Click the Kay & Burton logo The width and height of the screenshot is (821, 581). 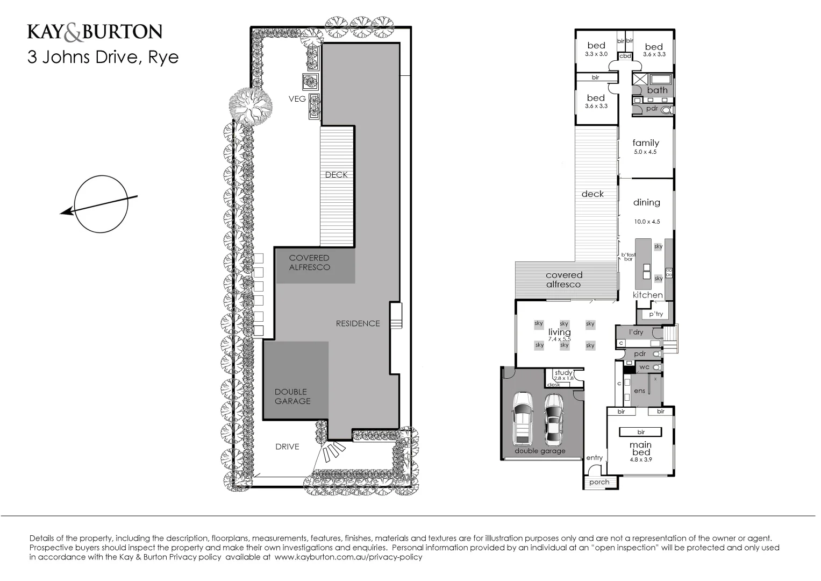[95, 32]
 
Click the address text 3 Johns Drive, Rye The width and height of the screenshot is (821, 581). [103, 57]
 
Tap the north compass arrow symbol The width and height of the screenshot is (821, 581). [100, 204]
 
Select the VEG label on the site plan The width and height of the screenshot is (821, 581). [297, 99]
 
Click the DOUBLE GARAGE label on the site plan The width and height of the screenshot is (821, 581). [292, 396]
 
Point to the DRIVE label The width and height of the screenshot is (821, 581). [287, 447]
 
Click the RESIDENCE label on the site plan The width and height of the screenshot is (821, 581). [358, 323]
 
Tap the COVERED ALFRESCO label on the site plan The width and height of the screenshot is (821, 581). [309, 263]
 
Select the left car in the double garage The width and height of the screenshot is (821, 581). [523, 419]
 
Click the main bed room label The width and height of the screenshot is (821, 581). [640, 449]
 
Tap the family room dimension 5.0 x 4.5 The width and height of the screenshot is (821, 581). [645, 152]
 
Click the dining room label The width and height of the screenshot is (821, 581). [646, 202]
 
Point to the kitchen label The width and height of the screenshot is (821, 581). [647, 295]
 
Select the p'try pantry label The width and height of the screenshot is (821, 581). [656, 314]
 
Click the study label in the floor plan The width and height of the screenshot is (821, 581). [563, 372]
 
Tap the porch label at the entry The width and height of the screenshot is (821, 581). [599, 482]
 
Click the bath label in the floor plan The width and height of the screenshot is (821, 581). [657, 90]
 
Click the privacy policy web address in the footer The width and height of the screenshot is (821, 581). [348, 557]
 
